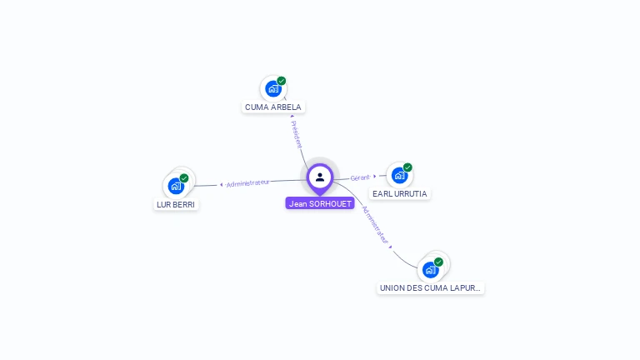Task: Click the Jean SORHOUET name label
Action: [320, 203]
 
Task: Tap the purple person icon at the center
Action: [320, 177]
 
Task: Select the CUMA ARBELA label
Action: [273, 107]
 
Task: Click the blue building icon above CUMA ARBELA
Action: [272, 88]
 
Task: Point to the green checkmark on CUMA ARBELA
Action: [282, 81]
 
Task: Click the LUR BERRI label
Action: [176, 204]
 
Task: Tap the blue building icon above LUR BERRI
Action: [175, 186]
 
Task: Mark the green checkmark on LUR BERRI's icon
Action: [184, 178]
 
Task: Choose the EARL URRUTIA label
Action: [400, 193]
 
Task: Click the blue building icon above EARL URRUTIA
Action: [399, 175]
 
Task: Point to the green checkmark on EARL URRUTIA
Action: [407, 167]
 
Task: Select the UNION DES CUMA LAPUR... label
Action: [430, 287]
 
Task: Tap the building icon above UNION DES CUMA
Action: [430, 269]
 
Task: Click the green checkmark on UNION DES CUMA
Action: [438, 262]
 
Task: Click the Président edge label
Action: [297, 134]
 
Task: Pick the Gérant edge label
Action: [360, 177]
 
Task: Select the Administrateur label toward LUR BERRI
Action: [247, 182]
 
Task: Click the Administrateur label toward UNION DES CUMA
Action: [376, 225]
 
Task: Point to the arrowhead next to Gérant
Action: [375, 176]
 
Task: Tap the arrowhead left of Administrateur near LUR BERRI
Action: [221, 184]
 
